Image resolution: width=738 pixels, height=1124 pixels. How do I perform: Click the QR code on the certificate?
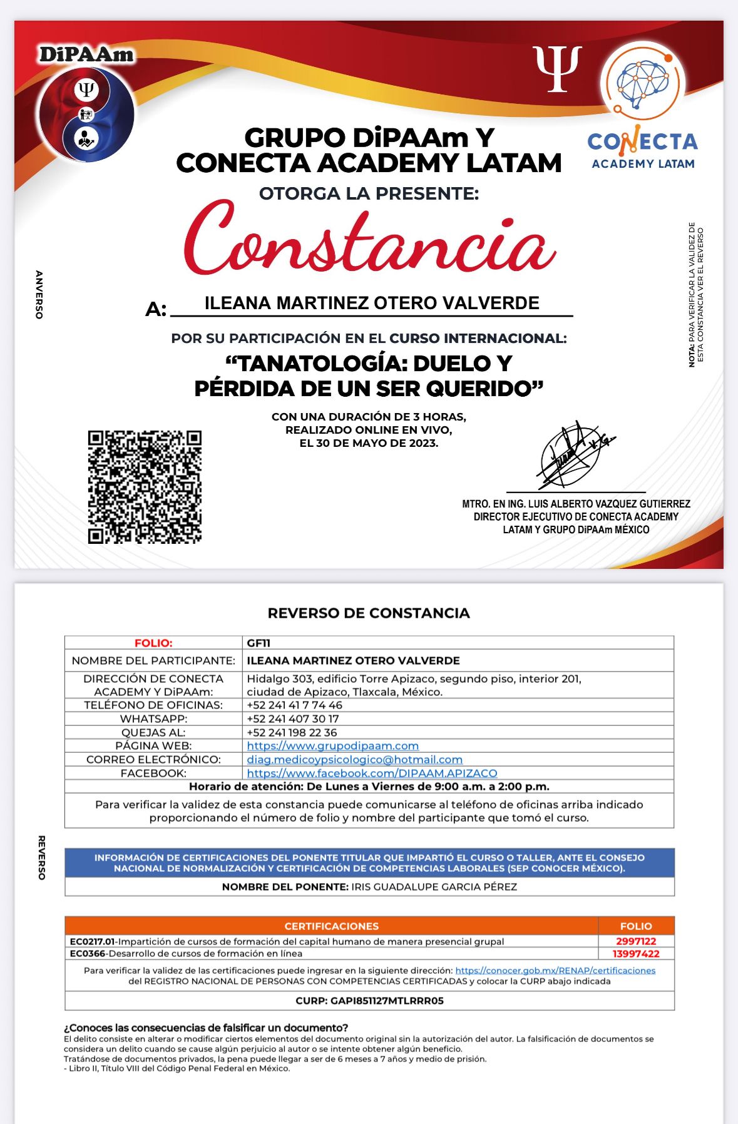145,486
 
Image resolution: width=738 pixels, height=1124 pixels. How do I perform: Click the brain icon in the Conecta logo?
643,83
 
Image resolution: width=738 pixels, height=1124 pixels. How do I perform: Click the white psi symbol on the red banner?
558,68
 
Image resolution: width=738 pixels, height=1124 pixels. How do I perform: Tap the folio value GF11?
259,643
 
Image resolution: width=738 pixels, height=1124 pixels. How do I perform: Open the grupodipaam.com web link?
332,745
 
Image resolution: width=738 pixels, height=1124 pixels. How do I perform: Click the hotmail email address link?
354,759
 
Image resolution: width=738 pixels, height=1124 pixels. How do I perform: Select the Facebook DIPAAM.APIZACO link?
372,773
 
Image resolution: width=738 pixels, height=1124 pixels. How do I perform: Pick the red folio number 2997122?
636,941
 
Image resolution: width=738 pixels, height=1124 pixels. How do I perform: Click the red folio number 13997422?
636,954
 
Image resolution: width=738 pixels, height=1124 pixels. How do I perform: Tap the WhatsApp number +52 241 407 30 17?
292,718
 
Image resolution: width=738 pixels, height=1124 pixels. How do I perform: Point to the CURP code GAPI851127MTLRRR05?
369,1001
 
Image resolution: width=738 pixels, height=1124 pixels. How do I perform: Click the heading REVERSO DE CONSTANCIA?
369,613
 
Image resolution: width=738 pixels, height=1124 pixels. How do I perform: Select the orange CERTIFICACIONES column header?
331,926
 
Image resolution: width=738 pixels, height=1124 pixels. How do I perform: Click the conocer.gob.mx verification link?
555,971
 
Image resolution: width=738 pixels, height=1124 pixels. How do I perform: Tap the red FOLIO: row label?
153,643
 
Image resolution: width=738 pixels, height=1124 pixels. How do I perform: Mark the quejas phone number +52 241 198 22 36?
292,732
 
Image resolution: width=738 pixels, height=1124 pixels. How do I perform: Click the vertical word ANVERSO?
39,295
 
